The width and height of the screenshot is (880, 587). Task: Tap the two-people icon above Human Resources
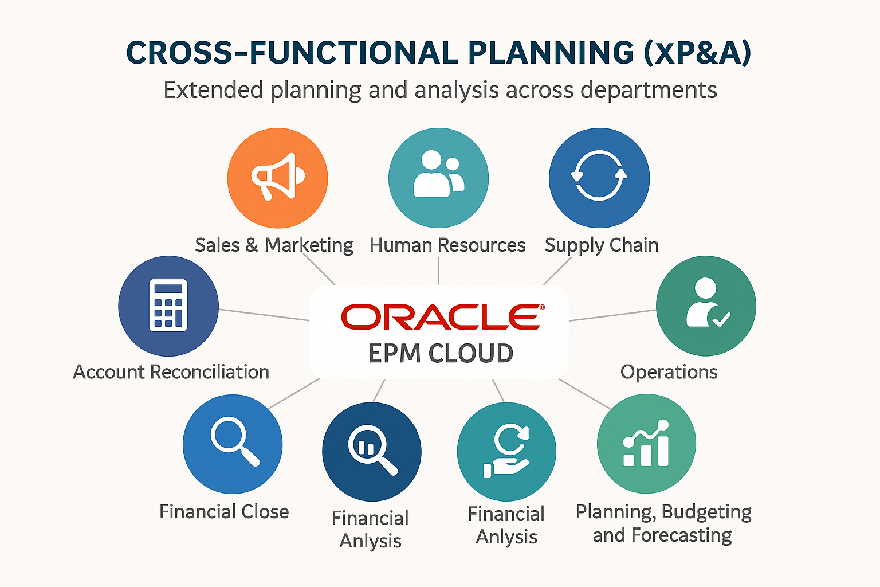438,173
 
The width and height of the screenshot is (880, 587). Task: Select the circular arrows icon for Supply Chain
599,175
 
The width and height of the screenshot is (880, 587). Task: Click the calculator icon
168,305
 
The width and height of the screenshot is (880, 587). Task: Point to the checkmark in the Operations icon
721,319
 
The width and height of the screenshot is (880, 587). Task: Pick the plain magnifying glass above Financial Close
235,441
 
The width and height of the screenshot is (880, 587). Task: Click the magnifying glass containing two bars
372,450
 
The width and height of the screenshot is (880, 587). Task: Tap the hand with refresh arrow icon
506,451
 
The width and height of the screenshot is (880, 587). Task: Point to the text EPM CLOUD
441,353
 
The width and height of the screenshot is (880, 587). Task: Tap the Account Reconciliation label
171,372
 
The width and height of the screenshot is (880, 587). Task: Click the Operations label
669,373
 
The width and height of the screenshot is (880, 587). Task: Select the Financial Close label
224,512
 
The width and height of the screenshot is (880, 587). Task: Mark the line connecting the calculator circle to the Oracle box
264,315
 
